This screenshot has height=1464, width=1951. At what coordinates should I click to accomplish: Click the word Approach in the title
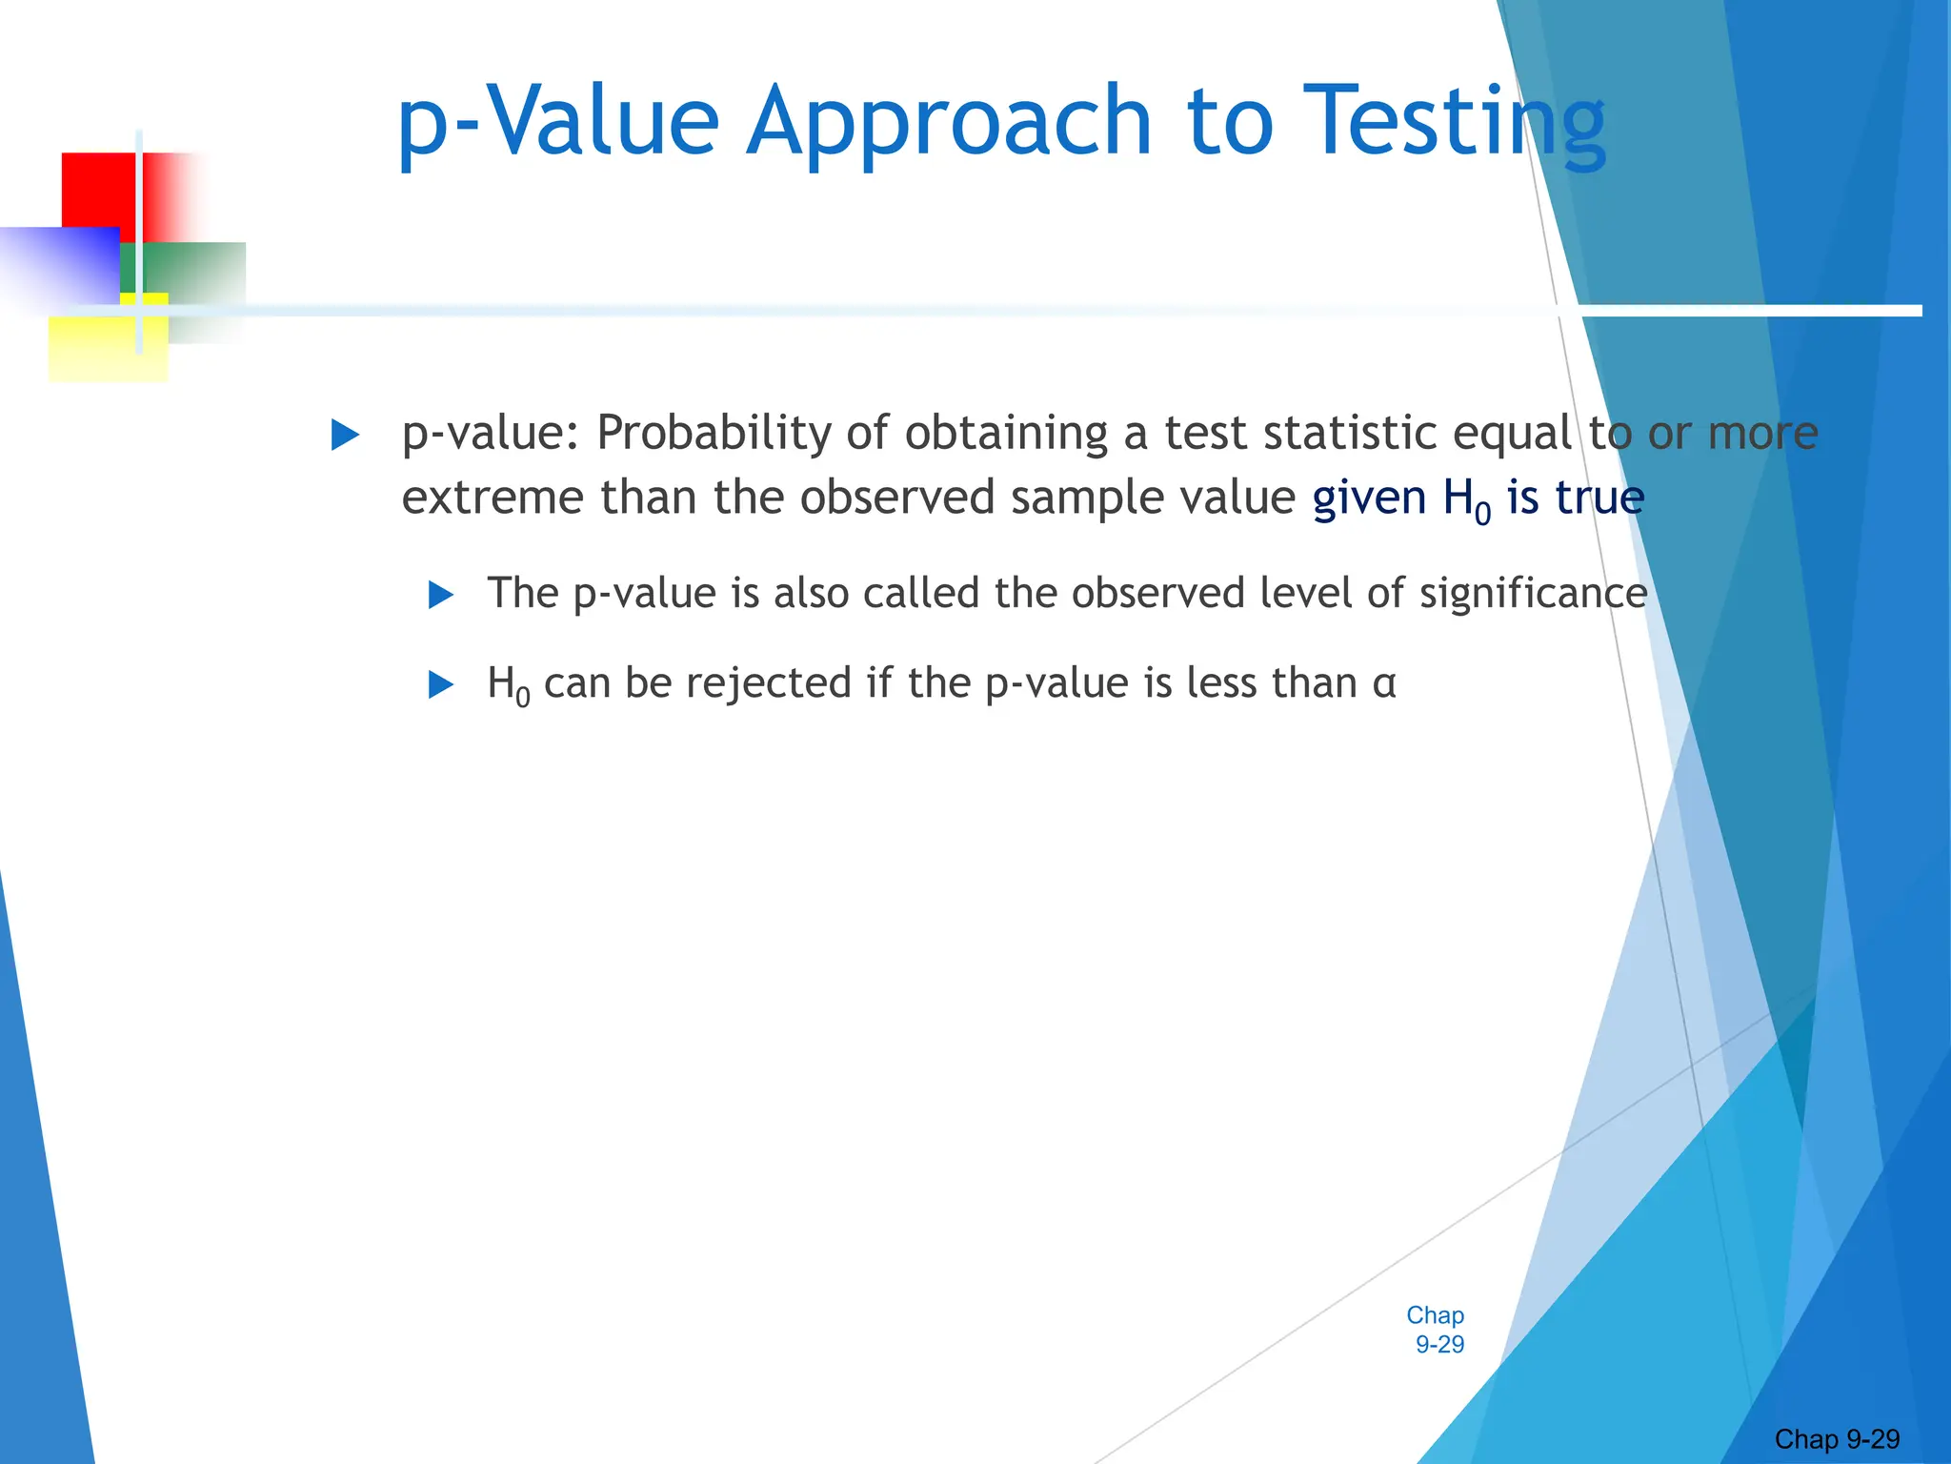pos(948,122)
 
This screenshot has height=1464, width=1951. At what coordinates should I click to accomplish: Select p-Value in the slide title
pos(557,122)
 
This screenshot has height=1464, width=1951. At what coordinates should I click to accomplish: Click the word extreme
pos(493,498)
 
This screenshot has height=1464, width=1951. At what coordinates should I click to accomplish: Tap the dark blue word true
pos(1599,498)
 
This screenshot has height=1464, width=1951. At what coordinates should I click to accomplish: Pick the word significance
pos(1533,594)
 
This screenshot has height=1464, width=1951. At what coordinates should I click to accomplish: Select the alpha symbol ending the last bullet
pos(1384,684)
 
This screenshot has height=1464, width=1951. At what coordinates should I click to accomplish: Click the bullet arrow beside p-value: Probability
pos(345,436)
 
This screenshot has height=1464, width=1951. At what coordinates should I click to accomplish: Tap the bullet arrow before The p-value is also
pos(441,596)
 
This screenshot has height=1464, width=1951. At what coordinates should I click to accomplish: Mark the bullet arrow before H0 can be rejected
pos(441,684)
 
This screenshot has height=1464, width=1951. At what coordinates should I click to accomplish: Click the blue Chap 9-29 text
pos(1436,1330)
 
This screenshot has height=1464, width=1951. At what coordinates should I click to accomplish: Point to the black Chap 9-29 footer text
pos(1837,1439)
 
